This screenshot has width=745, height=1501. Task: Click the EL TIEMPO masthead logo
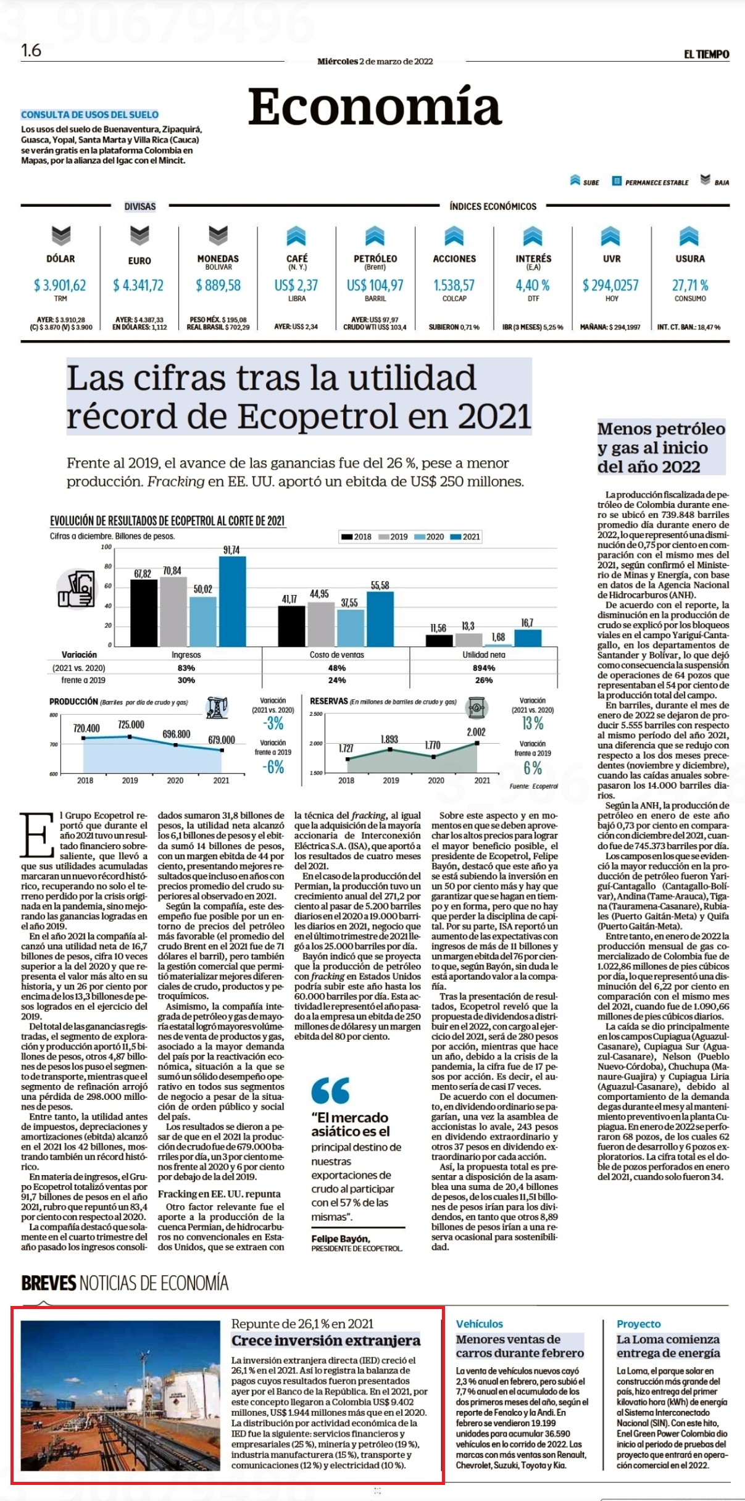706,54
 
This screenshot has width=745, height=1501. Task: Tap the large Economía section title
374,106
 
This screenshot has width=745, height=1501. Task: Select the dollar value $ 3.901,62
60,285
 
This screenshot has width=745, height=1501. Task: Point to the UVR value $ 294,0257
610,285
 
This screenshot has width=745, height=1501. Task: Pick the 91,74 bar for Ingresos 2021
232,601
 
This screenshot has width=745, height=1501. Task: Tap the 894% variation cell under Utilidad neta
484,668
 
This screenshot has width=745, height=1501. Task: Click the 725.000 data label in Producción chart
131,725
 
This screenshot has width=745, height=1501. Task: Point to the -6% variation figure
273,767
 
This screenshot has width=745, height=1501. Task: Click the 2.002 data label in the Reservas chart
476,732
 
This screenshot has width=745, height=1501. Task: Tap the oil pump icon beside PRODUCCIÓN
217,708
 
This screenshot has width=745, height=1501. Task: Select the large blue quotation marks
331,1091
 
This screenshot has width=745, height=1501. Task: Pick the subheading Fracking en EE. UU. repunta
219,1194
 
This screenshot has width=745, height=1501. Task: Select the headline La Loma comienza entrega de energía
668,1346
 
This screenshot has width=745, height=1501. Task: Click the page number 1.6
31,51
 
